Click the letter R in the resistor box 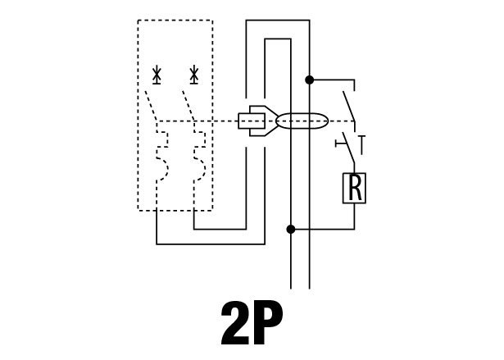pyautogui.click(x=355, y=188)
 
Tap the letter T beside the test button pyautogui.click(x=362, y=145)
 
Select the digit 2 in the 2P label pyautogui.click(x=235, y=322)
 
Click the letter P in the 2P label pyautogui.click(x=268, y=322)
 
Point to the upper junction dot pyautogui.click(x=309, y=80)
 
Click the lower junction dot pyautogui.click(x=291, y=230)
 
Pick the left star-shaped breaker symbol pyautogui.click(x=157, y=75)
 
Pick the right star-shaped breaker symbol pyautogui.click(x=194, y=75)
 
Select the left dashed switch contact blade pyautogui.click(x=151, y=106)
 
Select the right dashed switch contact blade pyautogui.click(x=188, y=106)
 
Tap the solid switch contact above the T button pyautogui.click(x=349, y=106)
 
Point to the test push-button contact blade pyautogui.click(x=349, y=148)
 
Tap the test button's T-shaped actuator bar pyautogui.click(x=340, y=144)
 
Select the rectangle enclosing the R pyautogui.click(x=343, y=188)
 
